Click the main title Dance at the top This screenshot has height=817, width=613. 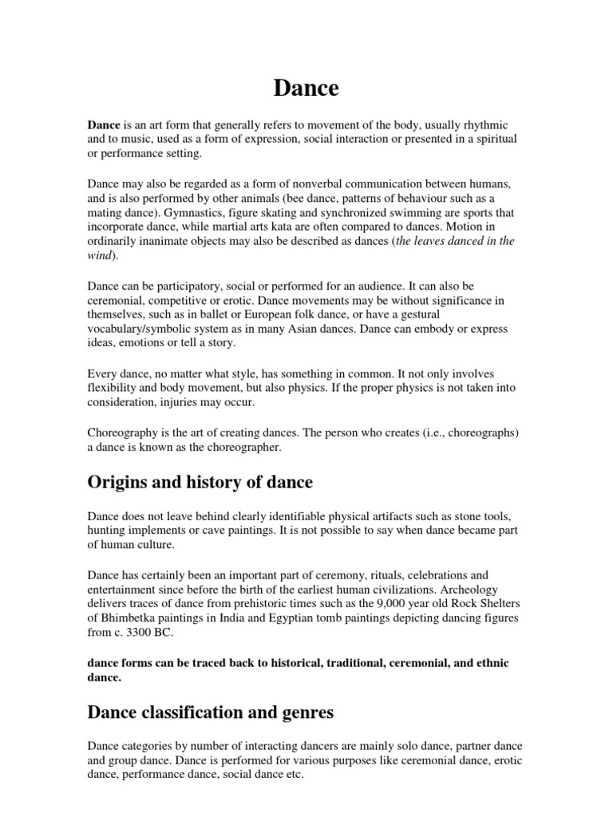(306, 89)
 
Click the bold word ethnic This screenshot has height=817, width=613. (492, 662)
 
